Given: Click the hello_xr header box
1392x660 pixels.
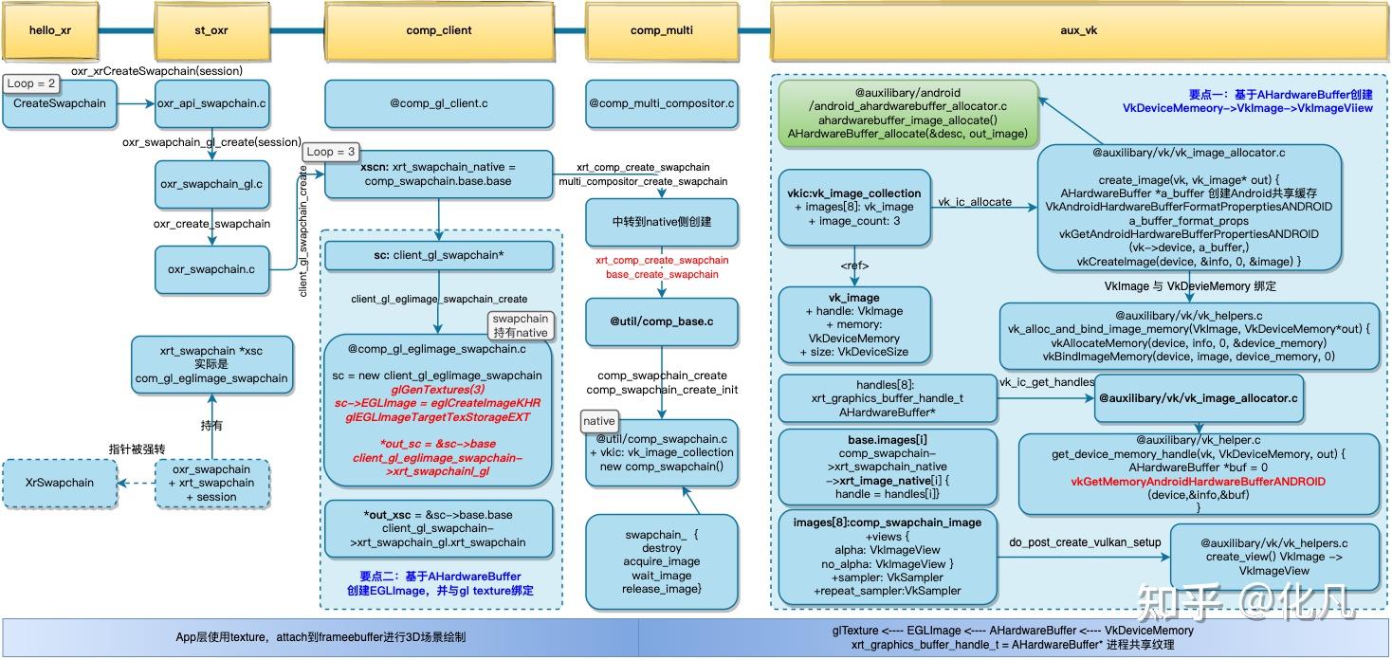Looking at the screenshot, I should (x=50, y=30).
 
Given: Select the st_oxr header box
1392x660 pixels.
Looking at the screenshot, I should (x=205, y=30).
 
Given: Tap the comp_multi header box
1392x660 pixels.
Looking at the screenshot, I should (x=661, y=30).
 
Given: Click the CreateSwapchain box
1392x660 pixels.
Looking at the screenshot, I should (x=60, y=103).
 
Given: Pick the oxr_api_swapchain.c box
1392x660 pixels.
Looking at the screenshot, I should (x=211, y=103).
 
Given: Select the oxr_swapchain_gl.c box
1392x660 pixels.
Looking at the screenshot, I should (x=211, y=184).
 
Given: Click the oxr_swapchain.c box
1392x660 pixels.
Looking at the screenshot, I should (x=211, y=269).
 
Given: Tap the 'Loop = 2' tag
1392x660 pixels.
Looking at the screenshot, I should (x=33, y=83).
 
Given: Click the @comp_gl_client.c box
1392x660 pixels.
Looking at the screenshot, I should (x=438, y=103).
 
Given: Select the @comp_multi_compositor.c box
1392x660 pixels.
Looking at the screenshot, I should (x=661, y=103).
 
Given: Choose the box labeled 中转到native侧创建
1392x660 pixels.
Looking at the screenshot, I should (x=661, y=221).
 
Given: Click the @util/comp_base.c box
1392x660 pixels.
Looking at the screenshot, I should (x=661, y=321).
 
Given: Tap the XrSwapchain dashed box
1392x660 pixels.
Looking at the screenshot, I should (x=60, y=482).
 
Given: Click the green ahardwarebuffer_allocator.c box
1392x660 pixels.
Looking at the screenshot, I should (x=907, y=114).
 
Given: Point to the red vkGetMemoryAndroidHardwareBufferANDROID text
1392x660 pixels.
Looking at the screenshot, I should (x=1198, y=482).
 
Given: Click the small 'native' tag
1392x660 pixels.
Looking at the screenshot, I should (x=599, y=421).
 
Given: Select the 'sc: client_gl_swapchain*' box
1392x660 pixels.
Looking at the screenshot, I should (x=438, y=255).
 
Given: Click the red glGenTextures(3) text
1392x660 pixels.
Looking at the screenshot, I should (x=437, y=389).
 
